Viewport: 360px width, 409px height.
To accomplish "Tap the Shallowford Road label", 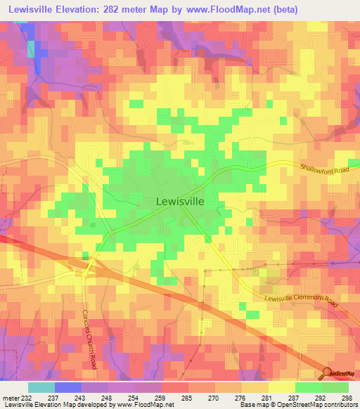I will [323, 169].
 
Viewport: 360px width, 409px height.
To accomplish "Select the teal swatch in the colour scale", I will [41, 387].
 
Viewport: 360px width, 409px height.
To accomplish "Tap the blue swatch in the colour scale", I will [67, 387].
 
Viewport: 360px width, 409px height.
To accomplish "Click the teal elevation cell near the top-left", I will [31, 48].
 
